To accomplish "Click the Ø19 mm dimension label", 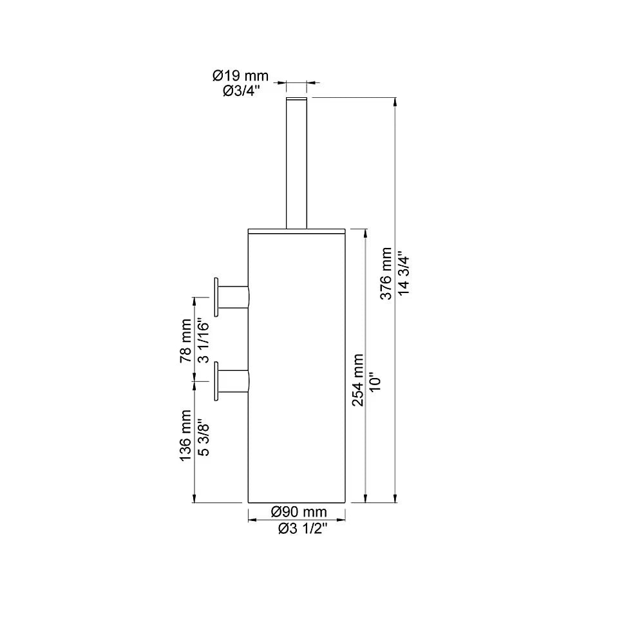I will tap(240, 76).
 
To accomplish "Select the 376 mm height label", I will tap(386, 273).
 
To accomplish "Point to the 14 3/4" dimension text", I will tap(404, 273).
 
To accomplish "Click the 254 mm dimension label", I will tap(358, 380).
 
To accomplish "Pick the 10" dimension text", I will tap(377, 380).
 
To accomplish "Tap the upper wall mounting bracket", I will tap(233, 297).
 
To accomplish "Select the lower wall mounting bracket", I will tap(233, 381).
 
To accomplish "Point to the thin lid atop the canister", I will tap(298, 230).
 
